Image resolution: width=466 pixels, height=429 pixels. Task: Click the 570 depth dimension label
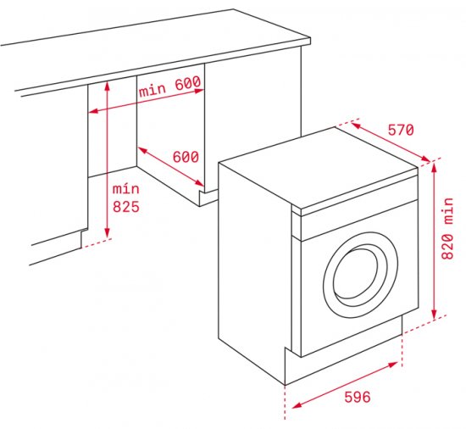point(401,130)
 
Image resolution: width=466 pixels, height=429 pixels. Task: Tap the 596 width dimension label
point(358,397)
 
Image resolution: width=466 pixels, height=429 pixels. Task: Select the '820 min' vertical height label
point(447,228)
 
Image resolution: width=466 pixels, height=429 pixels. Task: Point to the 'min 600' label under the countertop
point(169,86)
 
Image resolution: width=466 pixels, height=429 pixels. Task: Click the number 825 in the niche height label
point(126,207)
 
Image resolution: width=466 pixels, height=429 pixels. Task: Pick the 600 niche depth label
point(186,157)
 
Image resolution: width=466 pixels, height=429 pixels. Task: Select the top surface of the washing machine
point(318,166)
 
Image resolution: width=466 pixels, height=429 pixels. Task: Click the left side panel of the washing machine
point(255,268)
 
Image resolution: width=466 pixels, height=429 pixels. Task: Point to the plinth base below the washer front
point(343,351)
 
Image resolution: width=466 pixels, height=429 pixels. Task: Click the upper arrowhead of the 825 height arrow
point(108,86)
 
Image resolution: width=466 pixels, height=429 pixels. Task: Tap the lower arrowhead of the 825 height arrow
point(108,233)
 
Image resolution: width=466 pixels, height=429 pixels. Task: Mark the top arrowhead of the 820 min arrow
point(434,168)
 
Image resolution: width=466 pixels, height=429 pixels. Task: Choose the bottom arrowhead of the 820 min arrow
point(434,315)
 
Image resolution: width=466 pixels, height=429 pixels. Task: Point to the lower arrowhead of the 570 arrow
point(425,159)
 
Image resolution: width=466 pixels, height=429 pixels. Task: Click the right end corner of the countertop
point(310,38)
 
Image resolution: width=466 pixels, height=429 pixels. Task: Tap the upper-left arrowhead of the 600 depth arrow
point(142,150)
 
